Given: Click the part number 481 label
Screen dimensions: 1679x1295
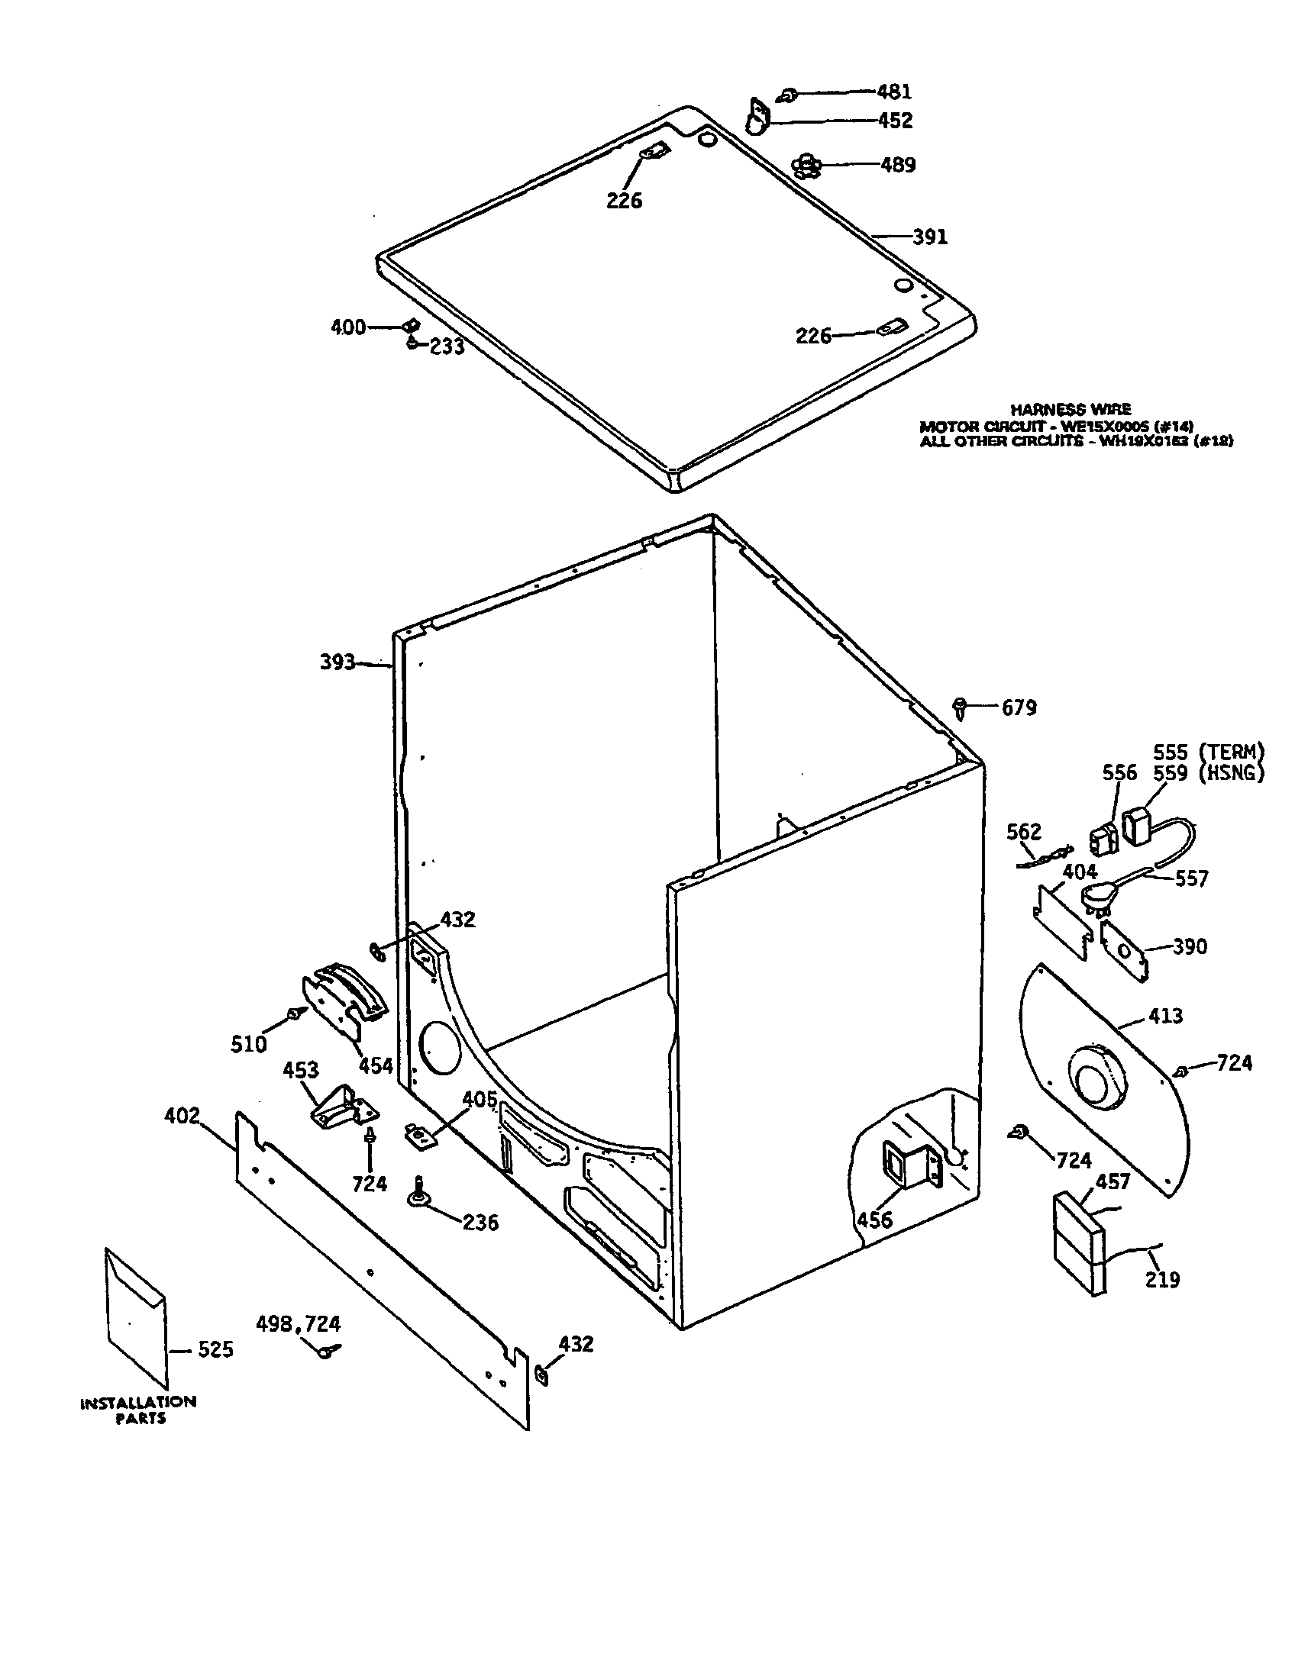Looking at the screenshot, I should click(x=894, y=92).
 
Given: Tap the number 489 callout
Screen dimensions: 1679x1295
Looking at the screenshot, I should click(x=897, y=165).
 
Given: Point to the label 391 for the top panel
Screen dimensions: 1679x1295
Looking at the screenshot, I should click(x=930, y=237).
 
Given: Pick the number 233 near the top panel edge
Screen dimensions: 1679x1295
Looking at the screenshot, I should click(x=447, y=346).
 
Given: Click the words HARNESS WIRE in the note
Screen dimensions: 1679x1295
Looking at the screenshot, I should click(x=1070, y=410).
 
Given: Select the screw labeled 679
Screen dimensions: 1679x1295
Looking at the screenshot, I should click(x=961, y=706).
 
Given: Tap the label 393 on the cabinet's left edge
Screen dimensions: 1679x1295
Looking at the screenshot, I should click(x=337, y=662).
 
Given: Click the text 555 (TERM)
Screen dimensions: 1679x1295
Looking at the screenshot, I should click(x=1208, y=752).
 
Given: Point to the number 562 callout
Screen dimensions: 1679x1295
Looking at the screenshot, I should click(x=1023, y=832).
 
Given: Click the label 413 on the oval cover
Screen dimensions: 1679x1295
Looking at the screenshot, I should click(x=1165, y=1017).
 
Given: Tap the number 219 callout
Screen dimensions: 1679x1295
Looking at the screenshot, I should click(x=1162, y=1279).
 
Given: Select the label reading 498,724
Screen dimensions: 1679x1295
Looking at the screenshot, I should click(x=299, y=1324).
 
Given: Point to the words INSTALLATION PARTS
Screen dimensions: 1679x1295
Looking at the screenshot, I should click(x=138, y=1410).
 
